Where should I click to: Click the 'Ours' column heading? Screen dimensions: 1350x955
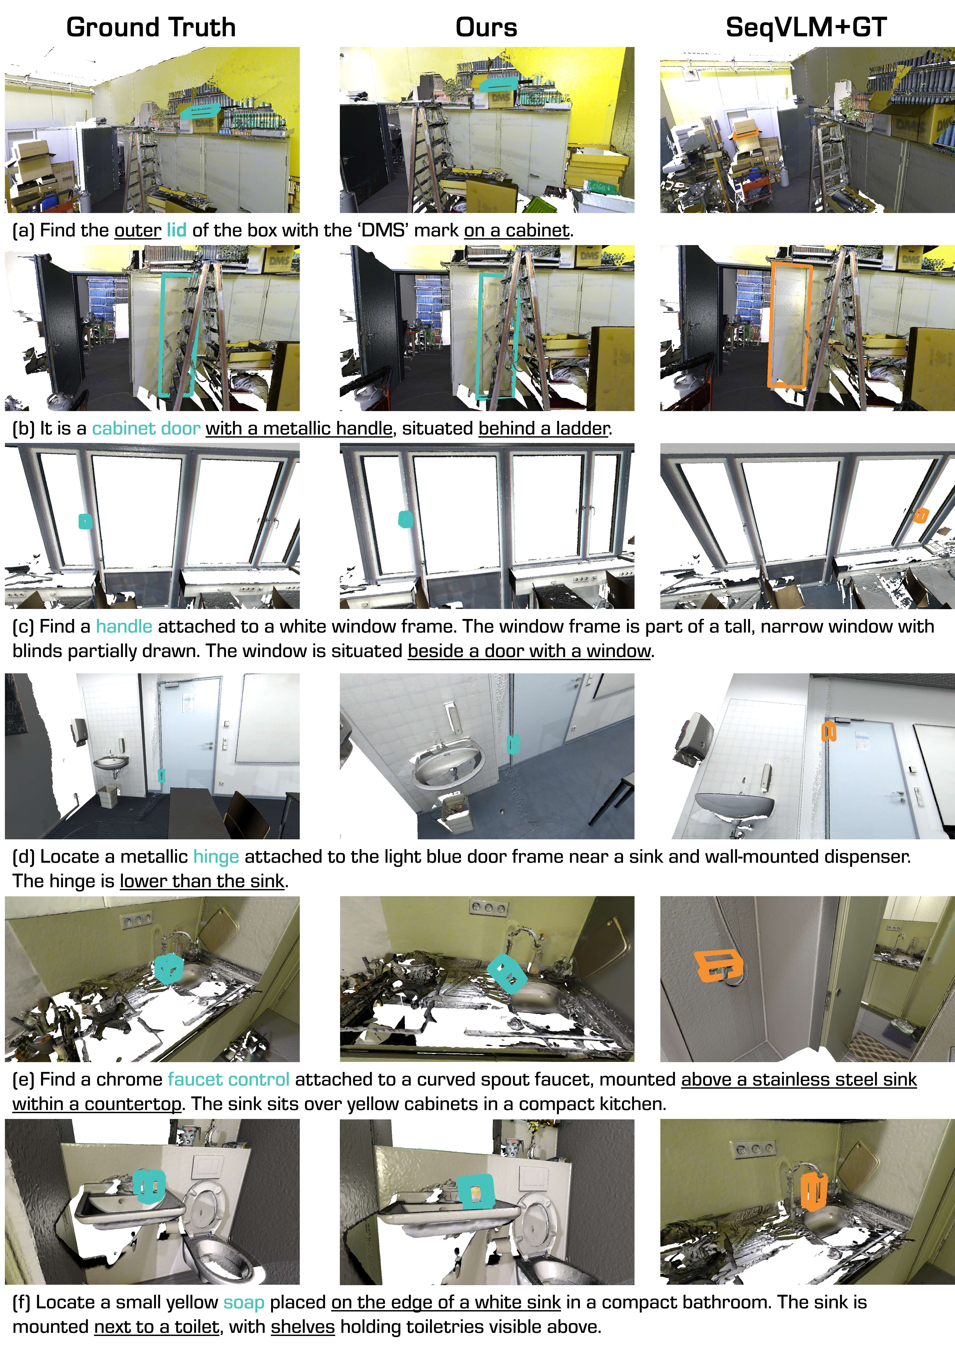(x=486, y=28)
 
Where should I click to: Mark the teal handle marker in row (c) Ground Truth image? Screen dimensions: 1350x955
(x=85, y=521)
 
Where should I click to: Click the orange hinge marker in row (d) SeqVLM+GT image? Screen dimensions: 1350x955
(x=828, y=731)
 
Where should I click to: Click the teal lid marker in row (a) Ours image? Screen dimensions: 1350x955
(x=497, y=85)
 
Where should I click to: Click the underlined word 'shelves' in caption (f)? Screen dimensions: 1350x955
(x=303, y=1327)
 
